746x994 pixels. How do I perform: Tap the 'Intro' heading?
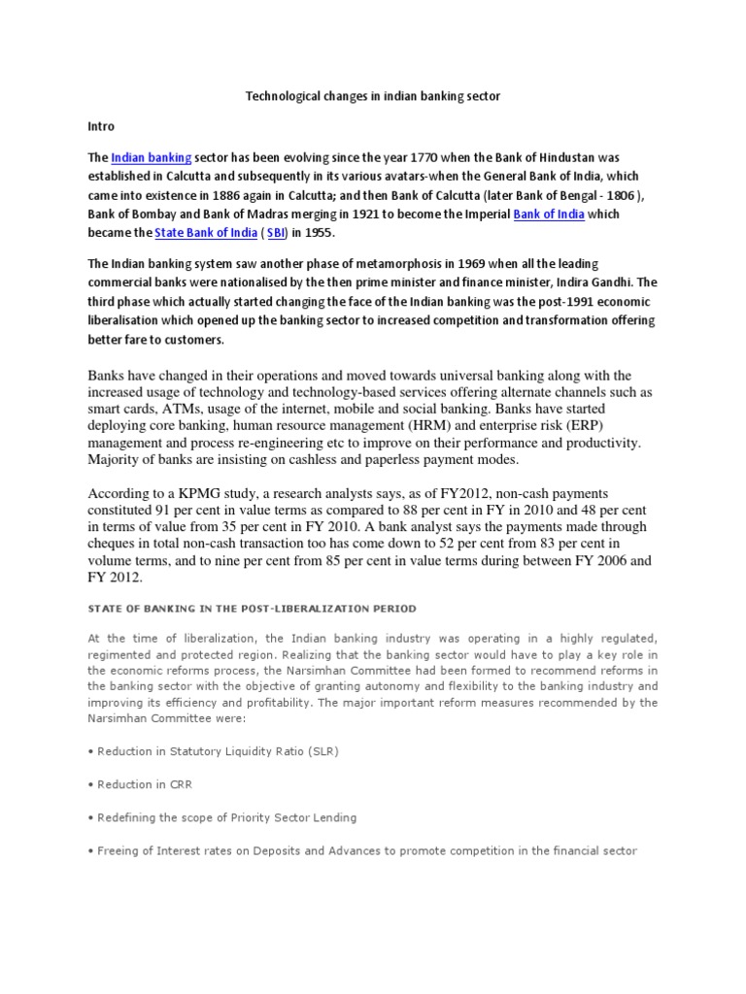point(101,126)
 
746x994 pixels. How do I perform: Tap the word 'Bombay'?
point(145,214)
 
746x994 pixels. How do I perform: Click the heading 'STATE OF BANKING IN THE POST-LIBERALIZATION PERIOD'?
point(252,609)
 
